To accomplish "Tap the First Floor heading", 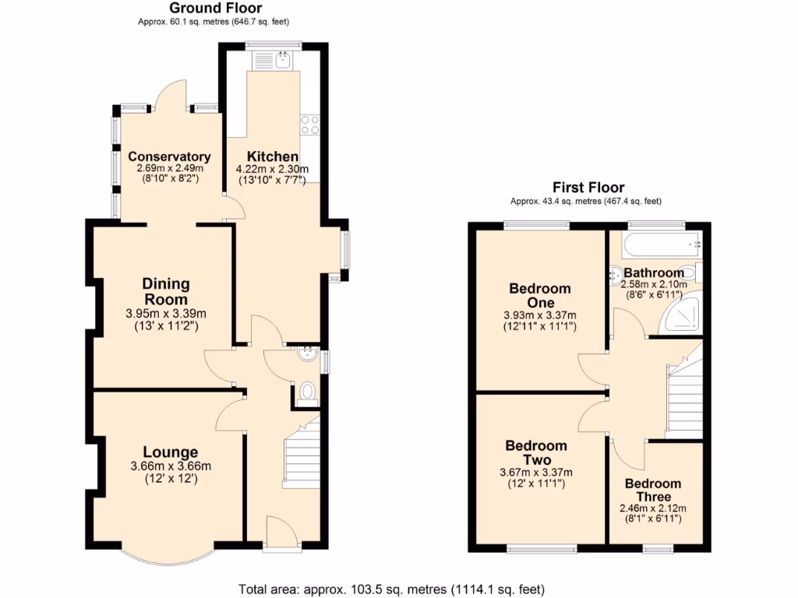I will (588, 187).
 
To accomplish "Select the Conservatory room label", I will (169, 156).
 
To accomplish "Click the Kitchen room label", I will (272, 156).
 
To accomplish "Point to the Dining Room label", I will (165, 292).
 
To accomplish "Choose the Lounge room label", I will (170, 452).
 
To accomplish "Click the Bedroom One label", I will (539, 295).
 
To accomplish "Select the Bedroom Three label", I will (652, 490).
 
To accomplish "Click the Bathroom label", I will (654, 273).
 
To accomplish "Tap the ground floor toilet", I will (307, 392).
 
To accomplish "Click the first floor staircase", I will (686, 389).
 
